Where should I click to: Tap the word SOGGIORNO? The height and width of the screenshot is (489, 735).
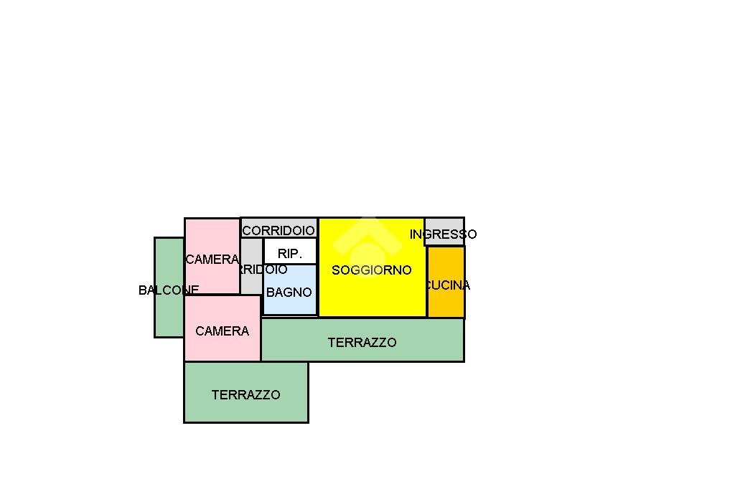coord(372,270)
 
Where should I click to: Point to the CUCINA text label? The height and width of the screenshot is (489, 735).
coord(447,285)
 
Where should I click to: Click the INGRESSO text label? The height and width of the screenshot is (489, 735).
coord(443,234)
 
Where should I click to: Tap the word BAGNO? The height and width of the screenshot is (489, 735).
coord(289,293)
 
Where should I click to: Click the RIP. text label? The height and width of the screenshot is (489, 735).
coord(290,254)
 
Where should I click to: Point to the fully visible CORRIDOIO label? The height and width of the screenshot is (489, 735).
coord(278,231)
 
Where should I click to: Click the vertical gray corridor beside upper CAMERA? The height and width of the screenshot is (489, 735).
coord(251,283)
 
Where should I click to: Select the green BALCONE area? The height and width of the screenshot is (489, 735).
coord(169,315)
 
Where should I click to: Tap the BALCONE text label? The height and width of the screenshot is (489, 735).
coord(169,290)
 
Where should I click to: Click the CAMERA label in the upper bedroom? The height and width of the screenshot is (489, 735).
coord(212,260)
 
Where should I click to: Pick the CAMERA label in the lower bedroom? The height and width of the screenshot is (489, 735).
coord(223,331)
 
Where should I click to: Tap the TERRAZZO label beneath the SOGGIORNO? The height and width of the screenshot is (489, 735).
coord(362,343)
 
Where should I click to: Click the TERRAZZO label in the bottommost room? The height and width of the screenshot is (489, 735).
coord(245,395)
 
